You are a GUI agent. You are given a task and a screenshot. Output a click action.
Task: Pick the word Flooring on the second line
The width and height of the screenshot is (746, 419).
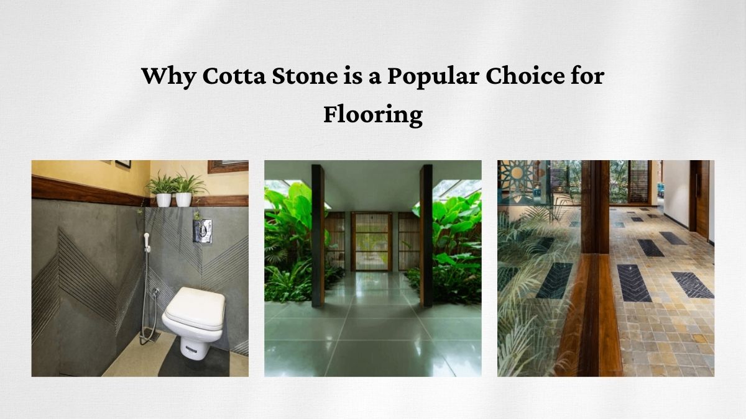click(x=372, y=115)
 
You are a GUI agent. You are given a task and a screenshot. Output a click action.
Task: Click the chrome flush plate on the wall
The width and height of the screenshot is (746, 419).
click(x=202, y=230)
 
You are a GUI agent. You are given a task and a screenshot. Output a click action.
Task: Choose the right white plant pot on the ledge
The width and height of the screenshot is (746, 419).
click(x=183, y=199)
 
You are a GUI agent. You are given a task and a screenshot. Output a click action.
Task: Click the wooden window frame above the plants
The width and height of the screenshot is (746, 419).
click(x=228, y=166)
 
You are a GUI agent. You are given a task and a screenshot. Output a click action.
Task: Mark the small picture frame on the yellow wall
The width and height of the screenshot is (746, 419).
click(x=123, y=164)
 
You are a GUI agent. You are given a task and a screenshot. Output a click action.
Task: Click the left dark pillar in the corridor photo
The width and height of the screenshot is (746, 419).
click(x=318, y=236)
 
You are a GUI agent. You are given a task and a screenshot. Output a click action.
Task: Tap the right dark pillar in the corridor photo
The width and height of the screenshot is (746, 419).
click(x=426, y=236)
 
